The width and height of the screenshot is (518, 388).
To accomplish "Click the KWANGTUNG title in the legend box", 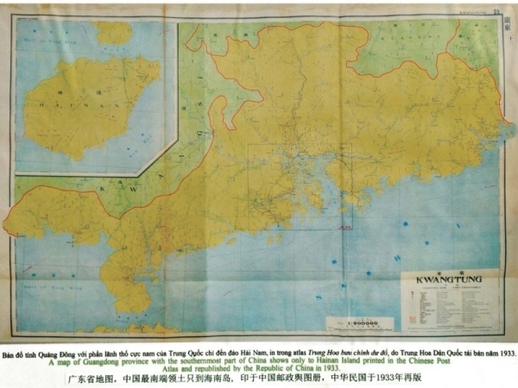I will pos(442,281).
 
